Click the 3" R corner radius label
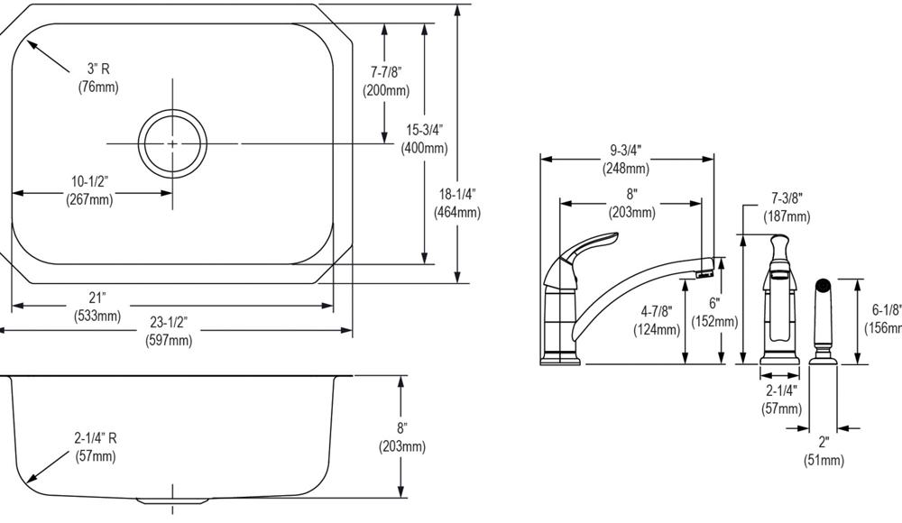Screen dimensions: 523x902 click(98, 69)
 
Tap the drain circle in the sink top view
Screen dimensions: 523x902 click(171, 142)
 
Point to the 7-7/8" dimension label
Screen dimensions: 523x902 click(386, 72)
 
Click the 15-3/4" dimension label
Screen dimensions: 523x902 click(425, 132)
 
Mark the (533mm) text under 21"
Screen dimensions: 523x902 click(97, 316)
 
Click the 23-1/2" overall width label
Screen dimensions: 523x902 click(169, 323)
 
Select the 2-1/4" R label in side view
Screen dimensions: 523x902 click(96, 438)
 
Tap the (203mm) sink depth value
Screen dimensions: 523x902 click(401, 447)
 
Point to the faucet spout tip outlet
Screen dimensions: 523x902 click(706, 269)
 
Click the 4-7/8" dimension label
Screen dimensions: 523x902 click(658, 311)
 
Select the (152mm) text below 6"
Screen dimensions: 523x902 click(714, 321)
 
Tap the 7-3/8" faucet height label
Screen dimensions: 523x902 click(787, 199)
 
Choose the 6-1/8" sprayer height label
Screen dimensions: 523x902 click(886, 309)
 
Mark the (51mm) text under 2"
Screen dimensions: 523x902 click(824, 461)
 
